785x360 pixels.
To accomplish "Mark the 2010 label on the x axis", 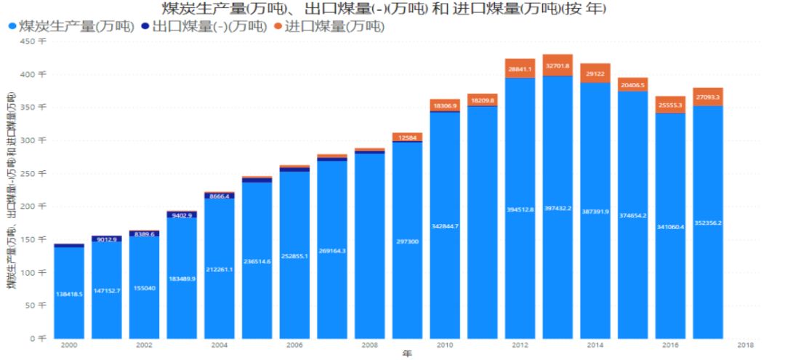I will [445, 345].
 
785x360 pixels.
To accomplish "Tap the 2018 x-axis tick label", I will [745, 345].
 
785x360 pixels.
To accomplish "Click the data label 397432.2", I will [557, 209].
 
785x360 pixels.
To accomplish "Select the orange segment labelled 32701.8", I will [557, 65].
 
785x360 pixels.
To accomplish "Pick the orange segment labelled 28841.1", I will [520, 68].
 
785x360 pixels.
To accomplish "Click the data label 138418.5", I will [70, 294].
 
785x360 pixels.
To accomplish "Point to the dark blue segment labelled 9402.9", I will [182, 215].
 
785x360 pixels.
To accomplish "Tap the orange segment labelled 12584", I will [407, 137].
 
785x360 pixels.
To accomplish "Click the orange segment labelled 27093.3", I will [707, 97].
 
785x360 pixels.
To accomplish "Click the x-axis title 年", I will [407, 353].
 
